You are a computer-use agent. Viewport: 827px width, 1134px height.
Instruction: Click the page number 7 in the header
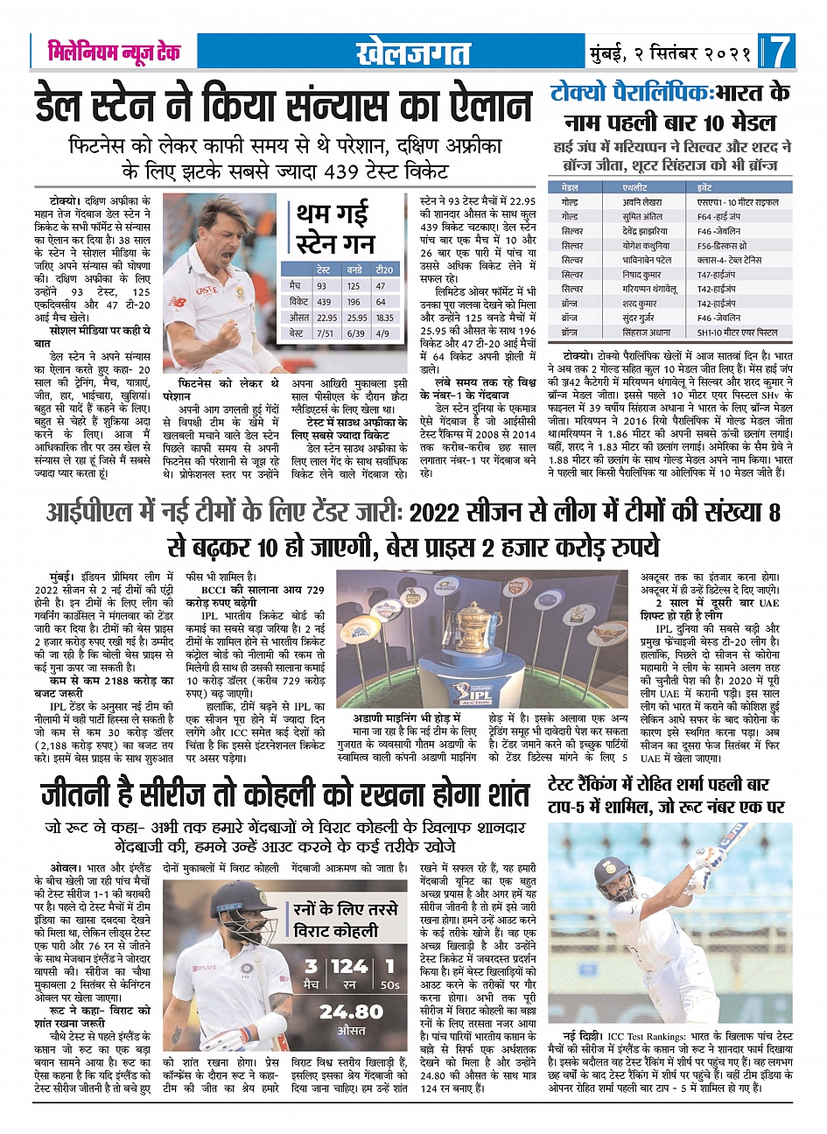(x=781, y=52)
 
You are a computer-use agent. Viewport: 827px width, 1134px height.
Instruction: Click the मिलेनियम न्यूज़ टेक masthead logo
(x=114, y=52)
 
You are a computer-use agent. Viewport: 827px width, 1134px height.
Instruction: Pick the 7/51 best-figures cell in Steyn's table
(x=326, y=333)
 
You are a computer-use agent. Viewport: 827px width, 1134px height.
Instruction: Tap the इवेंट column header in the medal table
(x=705, y=187)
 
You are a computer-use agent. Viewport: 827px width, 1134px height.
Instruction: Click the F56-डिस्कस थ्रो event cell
(x=722, y=246)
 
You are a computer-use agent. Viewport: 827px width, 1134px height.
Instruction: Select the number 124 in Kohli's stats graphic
(x=349, y=967)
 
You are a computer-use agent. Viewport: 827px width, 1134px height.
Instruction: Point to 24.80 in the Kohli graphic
(x=351, y=1011)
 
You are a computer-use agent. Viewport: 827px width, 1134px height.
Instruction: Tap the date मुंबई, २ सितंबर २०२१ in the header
(x=669, y=52)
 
